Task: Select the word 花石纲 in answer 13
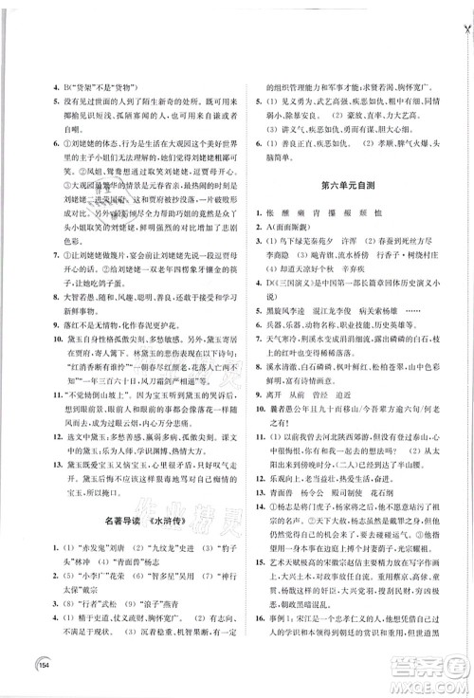click(x=397, y=494)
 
